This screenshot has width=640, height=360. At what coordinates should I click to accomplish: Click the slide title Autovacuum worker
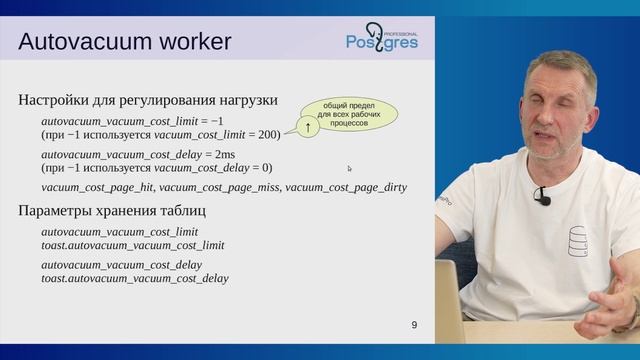[x=125, y=41]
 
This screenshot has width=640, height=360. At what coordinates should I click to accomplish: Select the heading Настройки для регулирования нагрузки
[x=148, y=100]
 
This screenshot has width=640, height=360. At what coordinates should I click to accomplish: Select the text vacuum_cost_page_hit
[x=98, y=187]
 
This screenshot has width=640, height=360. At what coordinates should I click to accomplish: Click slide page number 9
[x=414, y=326]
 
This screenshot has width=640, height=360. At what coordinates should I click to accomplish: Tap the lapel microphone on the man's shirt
[x=542, y=196]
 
